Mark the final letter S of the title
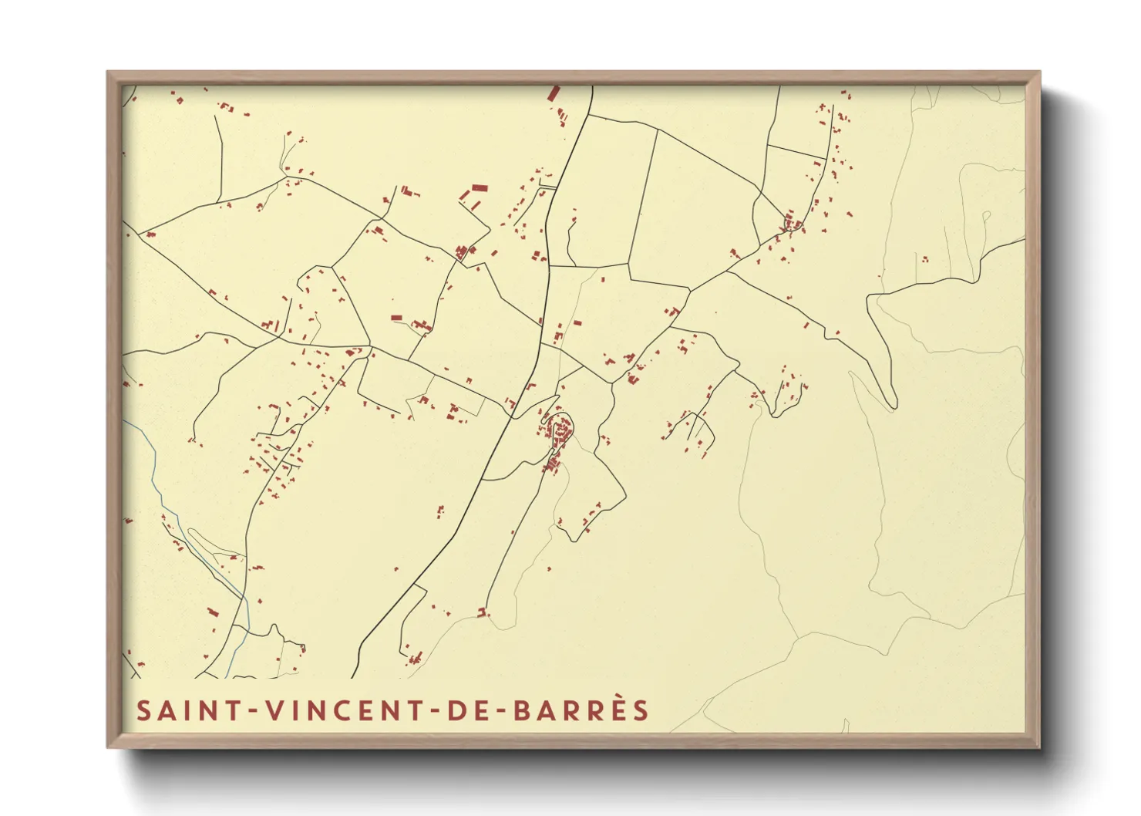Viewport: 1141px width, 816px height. pyautogui.click(x=641, y=710)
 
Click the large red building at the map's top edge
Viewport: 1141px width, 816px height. pyautogui.click(x=553, y=93)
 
